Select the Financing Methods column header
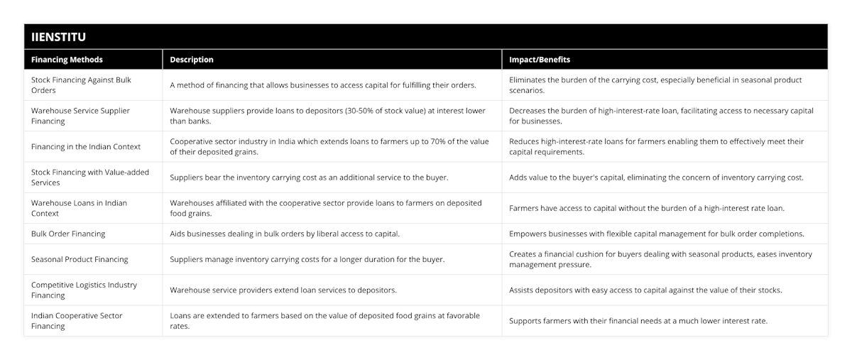click(67, 60)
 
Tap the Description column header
click(192, 60)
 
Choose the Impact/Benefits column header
click(540, 60)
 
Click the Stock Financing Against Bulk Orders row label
click(81, 85)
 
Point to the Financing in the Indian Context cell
click(86, 147)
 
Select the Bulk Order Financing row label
click(68, 234)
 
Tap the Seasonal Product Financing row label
click(80, 259)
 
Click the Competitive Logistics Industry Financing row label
click(84, 290)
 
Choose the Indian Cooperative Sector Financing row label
click(77, 320)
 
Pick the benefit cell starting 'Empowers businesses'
click(657, 234)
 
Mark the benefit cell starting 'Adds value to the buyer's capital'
click(656, 178)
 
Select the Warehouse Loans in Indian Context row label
click(79, 208)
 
